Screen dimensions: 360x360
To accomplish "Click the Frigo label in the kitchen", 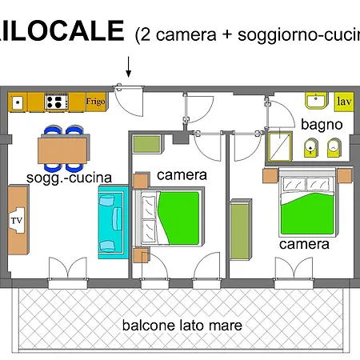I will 95,102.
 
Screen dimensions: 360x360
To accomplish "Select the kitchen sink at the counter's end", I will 18,102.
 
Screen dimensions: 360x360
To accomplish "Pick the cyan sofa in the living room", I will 112,222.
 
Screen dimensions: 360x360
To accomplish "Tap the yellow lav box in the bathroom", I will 344,102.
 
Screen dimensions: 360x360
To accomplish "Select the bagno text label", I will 322,125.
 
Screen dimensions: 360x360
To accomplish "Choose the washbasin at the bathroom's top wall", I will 315,102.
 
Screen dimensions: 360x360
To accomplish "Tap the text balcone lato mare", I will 182,326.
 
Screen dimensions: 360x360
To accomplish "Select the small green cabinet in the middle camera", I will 148,145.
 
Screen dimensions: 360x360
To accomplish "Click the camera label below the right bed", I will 304,244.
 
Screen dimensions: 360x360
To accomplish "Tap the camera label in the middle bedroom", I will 182,174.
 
